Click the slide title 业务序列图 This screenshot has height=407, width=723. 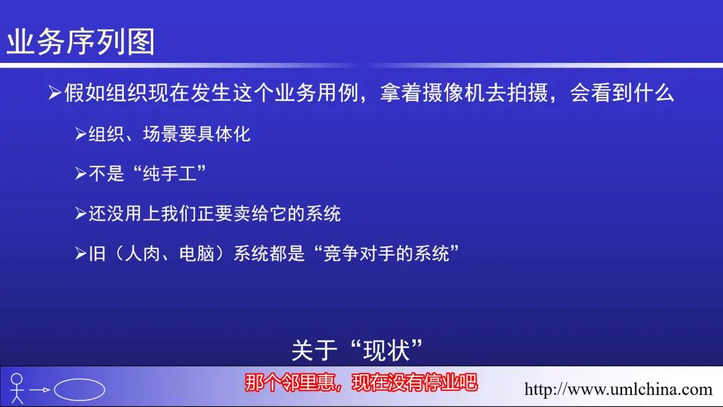pos(81,42)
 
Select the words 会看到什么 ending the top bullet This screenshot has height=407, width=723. pos(622,92)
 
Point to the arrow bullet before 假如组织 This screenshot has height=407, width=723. pos(55,92)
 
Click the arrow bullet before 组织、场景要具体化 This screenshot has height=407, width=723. pos(81,134)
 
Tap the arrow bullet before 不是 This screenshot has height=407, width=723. pos(81,174)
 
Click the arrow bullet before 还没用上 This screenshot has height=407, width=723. pos(81,214)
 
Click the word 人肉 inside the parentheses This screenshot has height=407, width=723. pos(143,254)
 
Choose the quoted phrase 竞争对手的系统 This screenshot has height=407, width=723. pos(386,254)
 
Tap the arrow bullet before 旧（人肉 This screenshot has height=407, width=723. pos(81,254)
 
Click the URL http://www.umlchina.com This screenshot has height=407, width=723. pos(619,389)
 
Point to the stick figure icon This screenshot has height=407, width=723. pos(17,388)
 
